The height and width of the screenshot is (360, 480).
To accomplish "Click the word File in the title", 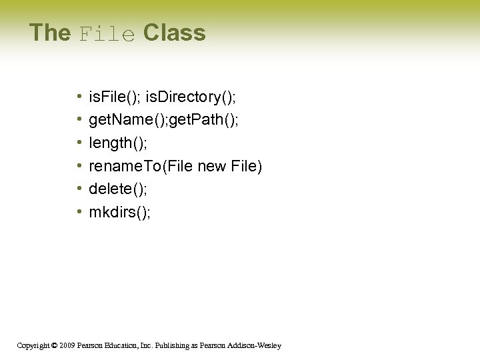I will (x=107, y=33).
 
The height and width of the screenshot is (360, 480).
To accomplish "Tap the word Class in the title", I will (x=174, y=33).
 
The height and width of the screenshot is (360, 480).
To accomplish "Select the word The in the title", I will (x=50, y=33).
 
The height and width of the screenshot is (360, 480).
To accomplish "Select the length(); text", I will (x=118, y=143).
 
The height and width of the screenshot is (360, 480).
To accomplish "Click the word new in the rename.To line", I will (x=212, y=166).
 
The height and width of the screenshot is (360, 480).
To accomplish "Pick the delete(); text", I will (x=118, y=189).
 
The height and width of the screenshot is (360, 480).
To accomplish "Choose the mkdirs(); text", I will (x=120, y=212).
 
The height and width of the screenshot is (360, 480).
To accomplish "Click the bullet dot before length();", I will (x=79, y=143).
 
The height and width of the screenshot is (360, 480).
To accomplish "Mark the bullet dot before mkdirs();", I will (x=79, y=212).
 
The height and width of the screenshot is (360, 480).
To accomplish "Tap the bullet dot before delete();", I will (x=79, y=189).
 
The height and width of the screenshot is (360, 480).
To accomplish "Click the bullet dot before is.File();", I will (x=79, y=97).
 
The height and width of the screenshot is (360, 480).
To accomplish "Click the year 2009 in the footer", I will (x=65, y=345).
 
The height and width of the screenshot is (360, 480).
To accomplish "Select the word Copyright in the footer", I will (x=31, y=345).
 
